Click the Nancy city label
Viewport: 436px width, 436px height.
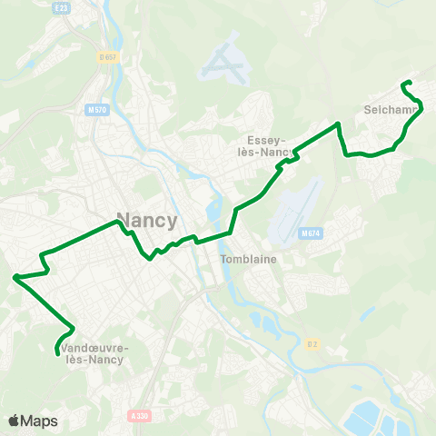pyautogui.click(x=147, y=219)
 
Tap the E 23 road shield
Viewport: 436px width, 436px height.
pyautogui.click(x=63, y=6)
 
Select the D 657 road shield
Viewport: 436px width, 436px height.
pyautogui.click(x=107, y=56)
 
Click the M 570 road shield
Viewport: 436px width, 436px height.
pyautogui.click(x=97, y=111)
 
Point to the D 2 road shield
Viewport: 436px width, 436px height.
pyautogui.click(x=312, y=343)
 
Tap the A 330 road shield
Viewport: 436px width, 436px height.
pyautogui.click(x=139, y=415)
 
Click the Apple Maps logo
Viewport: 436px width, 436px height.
pyautogui.click(x=33, y=421)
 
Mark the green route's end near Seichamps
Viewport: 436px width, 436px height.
pyautogui.click(x=402, y=84)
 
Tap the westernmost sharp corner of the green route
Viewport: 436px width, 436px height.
pyautogui.click(x=15, y=276)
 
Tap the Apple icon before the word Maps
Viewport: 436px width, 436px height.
pyautogui.click(x=14, y=421)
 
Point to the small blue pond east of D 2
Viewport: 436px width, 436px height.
pyautogui.click(x=367, y=312)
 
